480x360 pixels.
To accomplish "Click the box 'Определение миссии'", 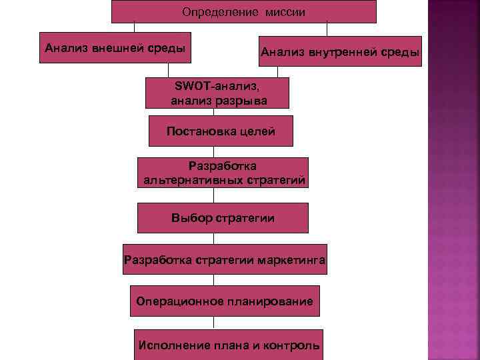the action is pyautogui.click(x=243, y=12).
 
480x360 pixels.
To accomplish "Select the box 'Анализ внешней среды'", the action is pyautogui.click(x=115, y=48).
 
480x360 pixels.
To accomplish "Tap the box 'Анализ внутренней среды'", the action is pyautogui.click(x=340, y=51).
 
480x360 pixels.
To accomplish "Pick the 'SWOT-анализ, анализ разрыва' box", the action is pyautogui.click(x=218, y=93).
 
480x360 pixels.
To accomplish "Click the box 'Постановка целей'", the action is pyautogui.click(x=221, y=131).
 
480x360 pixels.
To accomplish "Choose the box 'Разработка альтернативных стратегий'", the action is pyautogui.click(x=223, y=173).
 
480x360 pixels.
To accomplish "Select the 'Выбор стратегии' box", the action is pyautogui.click(x=223, y=218).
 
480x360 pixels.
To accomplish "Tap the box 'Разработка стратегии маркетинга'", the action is pyautogui.click(x=225, y=260).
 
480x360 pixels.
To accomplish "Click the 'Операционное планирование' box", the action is pyautogui.click(x=224, y=301).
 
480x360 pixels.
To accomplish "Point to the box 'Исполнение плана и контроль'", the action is pyautogui.click(x=228, y=345).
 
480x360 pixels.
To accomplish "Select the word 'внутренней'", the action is pyautogui.click(x=347, y=51).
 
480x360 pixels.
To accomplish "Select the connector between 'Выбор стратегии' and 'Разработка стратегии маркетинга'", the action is pyautogui.click(x=214, y=239).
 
